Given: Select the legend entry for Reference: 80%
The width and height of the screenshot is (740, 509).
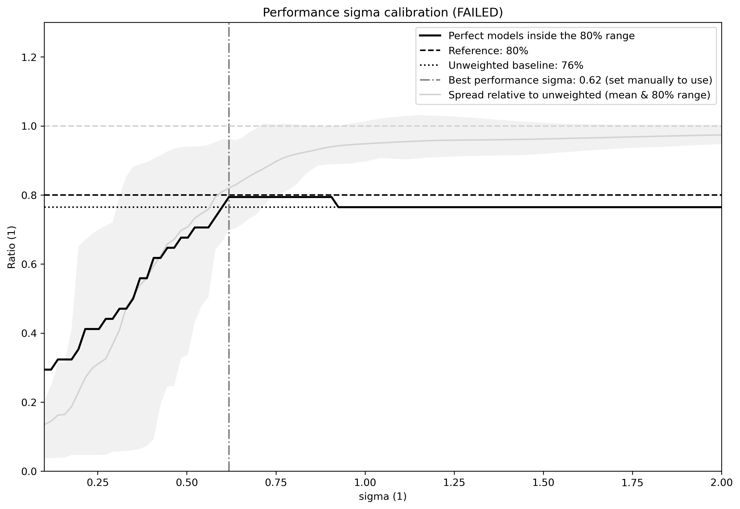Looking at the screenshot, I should click(488, 51).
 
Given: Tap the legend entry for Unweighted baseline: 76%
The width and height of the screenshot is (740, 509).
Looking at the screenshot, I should click(515, 65).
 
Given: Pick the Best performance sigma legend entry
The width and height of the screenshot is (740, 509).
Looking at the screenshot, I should click(580, 80).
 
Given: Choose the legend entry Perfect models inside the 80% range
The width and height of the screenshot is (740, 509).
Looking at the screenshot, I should click(541, 36).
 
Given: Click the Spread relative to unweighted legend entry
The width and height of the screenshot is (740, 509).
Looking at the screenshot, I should click(579, 95).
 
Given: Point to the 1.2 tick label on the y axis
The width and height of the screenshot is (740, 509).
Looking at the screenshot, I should click(29, 57).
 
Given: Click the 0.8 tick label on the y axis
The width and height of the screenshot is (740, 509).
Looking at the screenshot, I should click(29, 195).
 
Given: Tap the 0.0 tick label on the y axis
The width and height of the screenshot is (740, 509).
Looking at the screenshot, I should click(29, 471).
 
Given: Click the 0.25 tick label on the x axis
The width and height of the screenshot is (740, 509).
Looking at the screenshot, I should click(98, 483).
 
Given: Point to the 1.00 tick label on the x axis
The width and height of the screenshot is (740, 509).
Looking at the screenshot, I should click(365, 483).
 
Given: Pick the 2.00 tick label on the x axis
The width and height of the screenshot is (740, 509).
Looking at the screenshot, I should click(721, 483).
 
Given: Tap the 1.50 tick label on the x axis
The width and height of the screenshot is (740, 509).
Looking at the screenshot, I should click(543, 483).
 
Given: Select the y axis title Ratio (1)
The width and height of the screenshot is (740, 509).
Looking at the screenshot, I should click(11, 247).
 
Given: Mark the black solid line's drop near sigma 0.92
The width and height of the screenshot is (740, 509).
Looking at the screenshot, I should click(335, 202).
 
